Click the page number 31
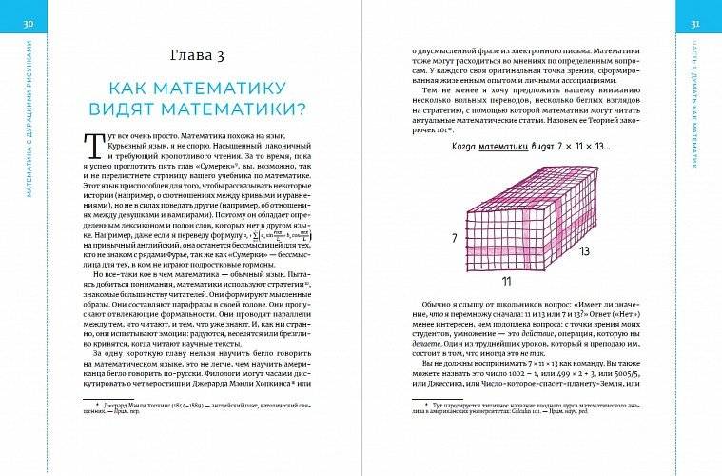[x=695, y=23]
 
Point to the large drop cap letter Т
[x=93, y=146]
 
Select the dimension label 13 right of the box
[x=584, y=251]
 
